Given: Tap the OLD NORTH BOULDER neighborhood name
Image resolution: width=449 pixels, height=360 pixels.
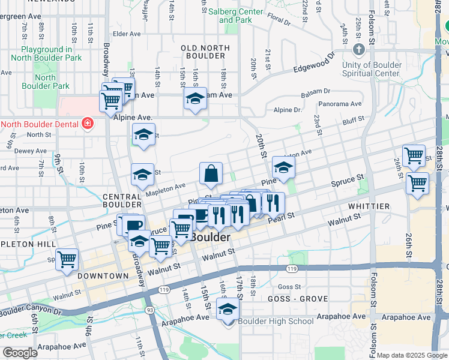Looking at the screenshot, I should tap(205, 53).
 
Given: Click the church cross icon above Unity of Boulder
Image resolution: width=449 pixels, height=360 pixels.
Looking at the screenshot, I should tap(359, 49).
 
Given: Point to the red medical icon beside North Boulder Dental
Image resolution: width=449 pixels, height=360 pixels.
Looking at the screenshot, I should tap(88, 124).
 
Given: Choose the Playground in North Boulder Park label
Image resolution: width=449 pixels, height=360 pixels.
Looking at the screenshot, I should tap(50, 53).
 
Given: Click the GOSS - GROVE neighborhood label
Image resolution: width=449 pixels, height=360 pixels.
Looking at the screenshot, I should tap(297, 299).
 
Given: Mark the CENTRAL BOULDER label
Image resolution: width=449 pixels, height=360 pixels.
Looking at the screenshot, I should tap(122, 201).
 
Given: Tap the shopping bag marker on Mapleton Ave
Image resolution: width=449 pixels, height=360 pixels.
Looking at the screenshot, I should tap(211, 174).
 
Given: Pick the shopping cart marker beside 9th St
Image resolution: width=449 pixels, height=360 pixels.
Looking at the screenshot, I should tap(67, 260).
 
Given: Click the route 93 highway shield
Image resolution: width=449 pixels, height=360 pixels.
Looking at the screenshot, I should tap(149, 310).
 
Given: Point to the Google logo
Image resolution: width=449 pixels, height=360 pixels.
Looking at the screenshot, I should tap(20, 353).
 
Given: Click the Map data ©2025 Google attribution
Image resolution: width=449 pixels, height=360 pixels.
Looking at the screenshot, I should tap(412, 355).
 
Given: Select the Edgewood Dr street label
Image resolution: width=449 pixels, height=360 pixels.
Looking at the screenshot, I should tap(314, 65).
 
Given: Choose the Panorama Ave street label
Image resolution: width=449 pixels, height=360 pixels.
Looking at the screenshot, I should tap(340, 104).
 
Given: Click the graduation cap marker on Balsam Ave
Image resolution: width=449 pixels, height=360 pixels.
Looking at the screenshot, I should tap(195, 98).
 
